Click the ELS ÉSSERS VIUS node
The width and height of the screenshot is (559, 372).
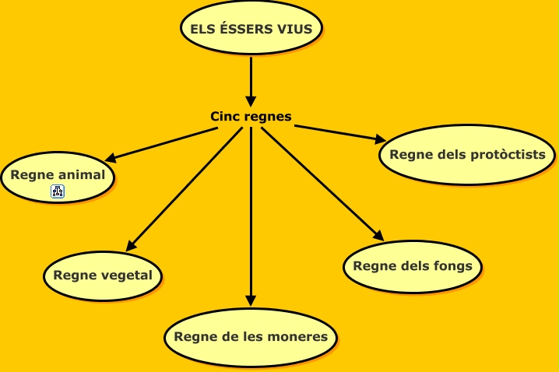[x=251, y=30]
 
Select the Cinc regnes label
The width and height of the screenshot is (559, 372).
[x=251, y=117]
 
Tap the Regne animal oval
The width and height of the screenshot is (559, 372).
[x=58, y=177]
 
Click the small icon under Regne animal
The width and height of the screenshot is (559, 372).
[x=58, y=191]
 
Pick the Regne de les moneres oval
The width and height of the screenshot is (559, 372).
[x=251, y=337]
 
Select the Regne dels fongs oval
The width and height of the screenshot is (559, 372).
[x=413, y=266]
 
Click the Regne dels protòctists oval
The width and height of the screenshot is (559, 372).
[x=467, y=155]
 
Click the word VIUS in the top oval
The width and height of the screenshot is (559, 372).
[x=296, y=30]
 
